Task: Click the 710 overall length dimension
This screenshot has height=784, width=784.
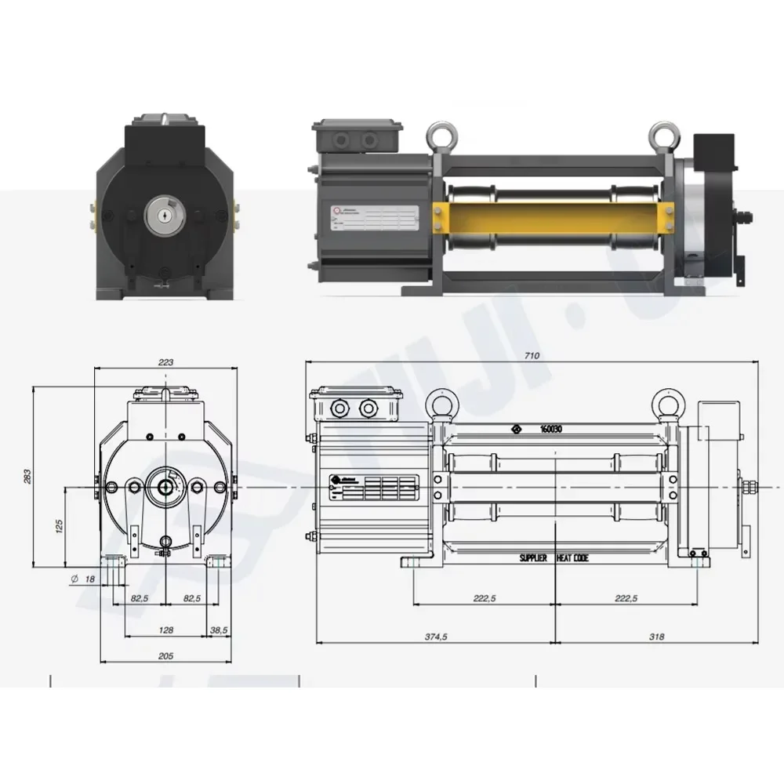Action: click(x=532, y=355)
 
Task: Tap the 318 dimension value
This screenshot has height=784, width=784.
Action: click(x=656, y=637)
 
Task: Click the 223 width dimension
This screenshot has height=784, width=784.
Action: click(x=165, y=361)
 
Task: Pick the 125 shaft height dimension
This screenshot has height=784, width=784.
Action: click(x=59, y=526)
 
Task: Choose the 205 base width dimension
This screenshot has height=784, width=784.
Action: click(x=165, y=655)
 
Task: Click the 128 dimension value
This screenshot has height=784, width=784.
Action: click(x=165, y=630)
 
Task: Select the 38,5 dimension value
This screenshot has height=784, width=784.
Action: click(x=219, y=630)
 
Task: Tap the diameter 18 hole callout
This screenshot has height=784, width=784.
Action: click(x=84, y=579)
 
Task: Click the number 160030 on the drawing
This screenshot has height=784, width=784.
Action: click(x=555, y=429)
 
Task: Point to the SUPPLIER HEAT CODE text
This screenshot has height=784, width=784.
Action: click(x=554, y=558)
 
